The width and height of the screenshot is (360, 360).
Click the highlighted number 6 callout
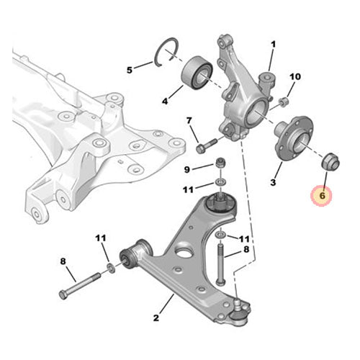(322, 196)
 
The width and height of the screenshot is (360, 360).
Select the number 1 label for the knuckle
(273, 45)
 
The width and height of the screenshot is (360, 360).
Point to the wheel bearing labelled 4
(197, 73)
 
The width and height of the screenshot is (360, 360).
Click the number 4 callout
(165, 102)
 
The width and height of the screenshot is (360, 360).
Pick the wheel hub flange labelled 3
(294, 137)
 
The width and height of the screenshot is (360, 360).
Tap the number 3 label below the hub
(273, 182)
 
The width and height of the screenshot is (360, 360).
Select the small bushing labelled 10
(284, 102)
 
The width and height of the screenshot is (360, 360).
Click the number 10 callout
(295, 77)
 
